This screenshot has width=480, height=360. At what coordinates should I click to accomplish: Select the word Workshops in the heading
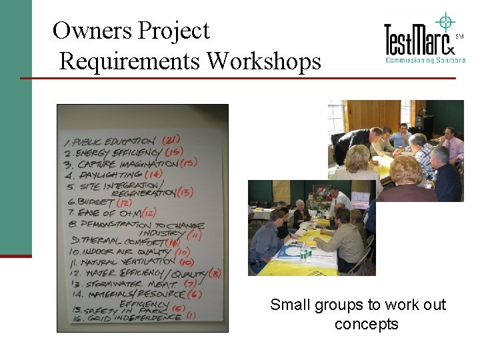[x=264, y=61]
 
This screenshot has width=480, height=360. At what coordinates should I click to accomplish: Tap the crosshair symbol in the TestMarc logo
[x=444, y=22]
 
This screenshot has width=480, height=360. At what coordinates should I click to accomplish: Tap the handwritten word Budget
[x=97, y=202]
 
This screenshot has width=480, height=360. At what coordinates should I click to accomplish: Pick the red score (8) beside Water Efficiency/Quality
[x=215, y=272]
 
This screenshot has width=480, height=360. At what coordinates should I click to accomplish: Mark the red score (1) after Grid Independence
[x=191, y=315]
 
